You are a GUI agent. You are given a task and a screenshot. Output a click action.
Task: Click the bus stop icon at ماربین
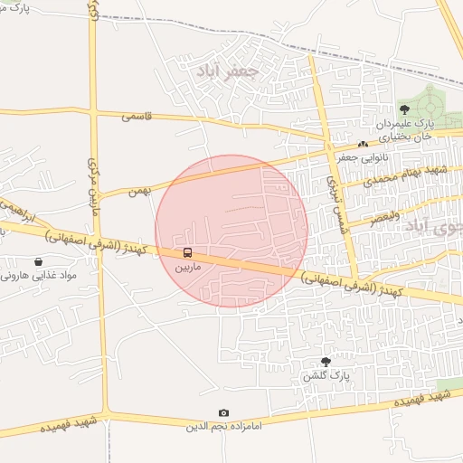click(x=188, y=252)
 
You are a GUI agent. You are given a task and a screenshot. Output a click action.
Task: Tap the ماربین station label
click(x=188, y=268)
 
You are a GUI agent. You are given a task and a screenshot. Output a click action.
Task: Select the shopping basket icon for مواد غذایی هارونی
click(x=39, y=261)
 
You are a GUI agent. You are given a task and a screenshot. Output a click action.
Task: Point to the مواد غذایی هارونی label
click(x=39, y=275)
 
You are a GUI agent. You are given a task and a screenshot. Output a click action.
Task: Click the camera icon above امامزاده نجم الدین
click(x=224, y=413)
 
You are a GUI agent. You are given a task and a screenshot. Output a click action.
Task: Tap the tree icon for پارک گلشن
click(x=326, y=361)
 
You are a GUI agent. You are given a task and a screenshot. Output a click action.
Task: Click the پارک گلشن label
click(x=326, y=375)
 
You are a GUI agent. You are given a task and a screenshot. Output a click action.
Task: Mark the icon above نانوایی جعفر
click(x=363, y=144)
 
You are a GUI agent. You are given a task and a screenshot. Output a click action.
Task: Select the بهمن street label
click(x=137, y=190)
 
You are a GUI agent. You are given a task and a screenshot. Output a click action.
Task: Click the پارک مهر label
click(x=18, y=6)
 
